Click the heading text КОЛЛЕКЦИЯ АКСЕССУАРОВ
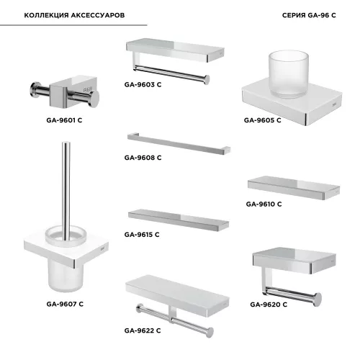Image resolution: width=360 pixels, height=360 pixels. [x=74, y=15]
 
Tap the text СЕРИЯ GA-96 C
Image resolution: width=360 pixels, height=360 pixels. [x=309, y=15]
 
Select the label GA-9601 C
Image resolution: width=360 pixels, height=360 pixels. [x=64, y=120]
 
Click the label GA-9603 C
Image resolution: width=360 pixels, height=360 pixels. [x=143, y=85]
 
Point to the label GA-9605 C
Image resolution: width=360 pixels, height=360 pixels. [x=262, y=120]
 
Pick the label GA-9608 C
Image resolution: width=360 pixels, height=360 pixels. [x=143, y=158]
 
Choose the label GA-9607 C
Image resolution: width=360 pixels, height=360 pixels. [x=65, y=304]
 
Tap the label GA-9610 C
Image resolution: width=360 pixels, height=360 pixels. [x=264, y=204]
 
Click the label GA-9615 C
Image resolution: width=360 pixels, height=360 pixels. [x=142, y=235]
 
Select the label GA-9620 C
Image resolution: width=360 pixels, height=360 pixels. [x=269, y=305]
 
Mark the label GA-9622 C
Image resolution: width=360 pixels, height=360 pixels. [x=143, y=330]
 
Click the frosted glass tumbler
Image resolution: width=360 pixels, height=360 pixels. [x=288, y=74]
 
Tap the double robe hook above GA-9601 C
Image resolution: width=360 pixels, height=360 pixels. [x=65, y=92]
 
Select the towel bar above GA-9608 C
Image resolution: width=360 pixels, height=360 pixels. [x=179, y=143]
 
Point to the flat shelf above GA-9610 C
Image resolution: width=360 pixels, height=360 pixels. [x=294, y=187]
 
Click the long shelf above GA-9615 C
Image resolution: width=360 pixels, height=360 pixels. [x=179, y=220]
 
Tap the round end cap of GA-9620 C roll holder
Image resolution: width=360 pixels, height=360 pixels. [x=318, y=300]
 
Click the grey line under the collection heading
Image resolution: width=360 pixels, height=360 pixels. [x=73, y=25]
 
